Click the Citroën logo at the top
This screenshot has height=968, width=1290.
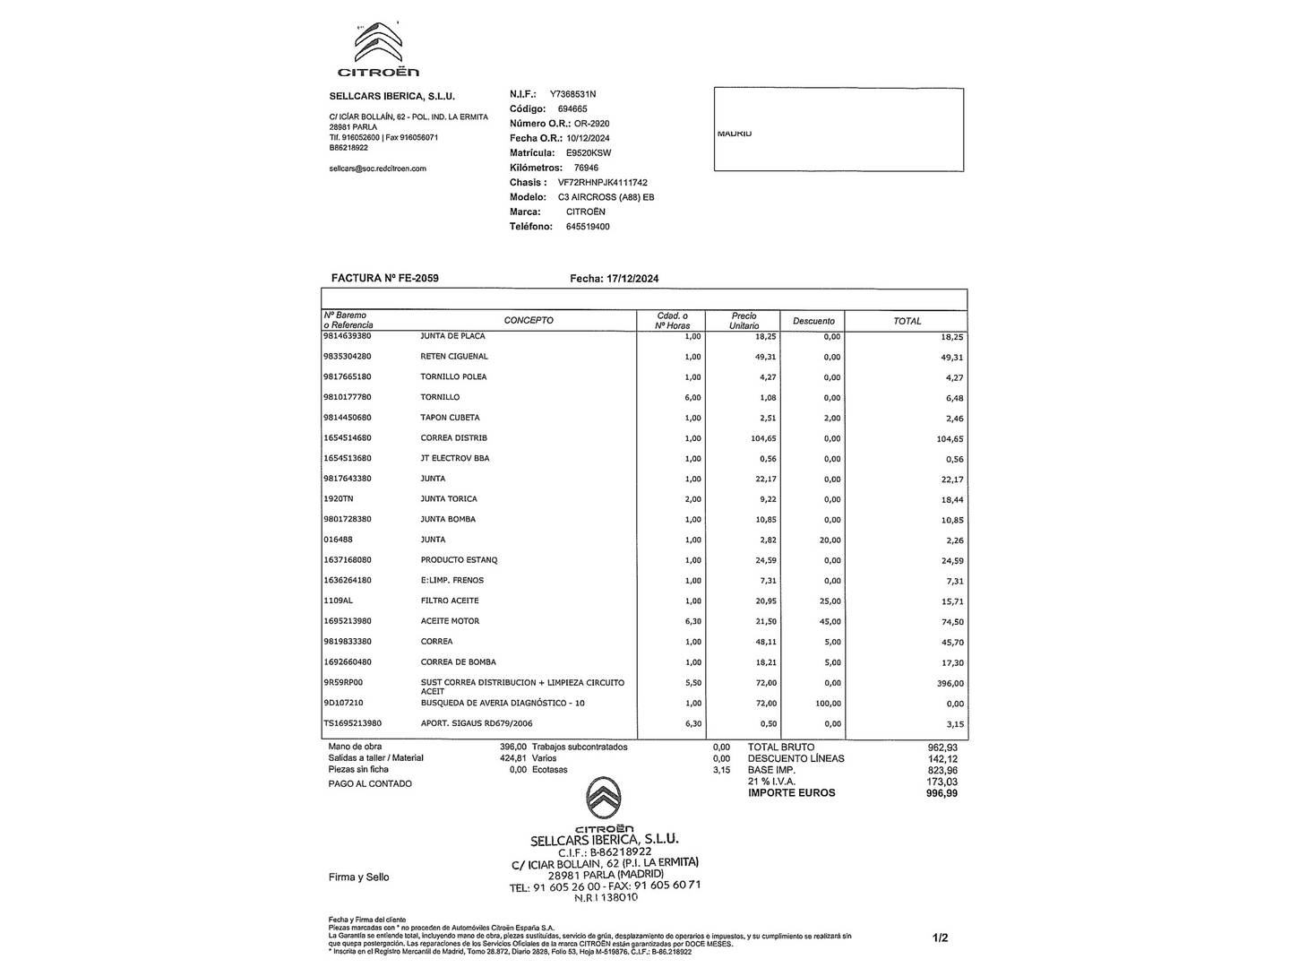378,50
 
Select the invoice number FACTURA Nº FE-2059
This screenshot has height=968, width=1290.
385,279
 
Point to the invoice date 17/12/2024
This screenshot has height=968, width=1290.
632,279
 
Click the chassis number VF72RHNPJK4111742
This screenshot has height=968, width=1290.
602,183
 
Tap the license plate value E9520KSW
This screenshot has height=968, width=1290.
589,153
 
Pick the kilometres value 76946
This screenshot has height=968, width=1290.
586,168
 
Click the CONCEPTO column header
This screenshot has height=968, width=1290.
529,320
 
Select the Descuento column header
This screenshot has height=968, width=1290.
813,321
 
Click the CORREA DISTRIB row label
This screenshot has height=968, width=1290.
453,438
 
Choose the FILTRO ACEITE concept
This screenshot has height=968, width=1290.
450,601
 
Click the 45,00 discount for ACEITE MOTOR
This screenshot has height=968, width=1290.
830,622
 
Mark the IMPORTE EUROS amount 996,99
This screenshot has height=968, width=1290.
942,793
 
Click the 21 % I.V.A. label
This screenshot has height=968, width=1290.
771,782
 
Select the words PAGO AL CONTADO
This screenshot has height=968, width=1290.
370,784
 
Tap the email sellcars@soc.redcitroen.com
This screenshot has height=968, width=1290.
378,169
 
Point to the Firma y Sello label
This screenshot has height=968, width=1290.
358,877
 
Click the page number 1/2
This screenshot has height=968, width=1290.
940,938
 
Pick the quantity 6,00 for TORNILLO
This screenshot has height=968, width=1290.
692,398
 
